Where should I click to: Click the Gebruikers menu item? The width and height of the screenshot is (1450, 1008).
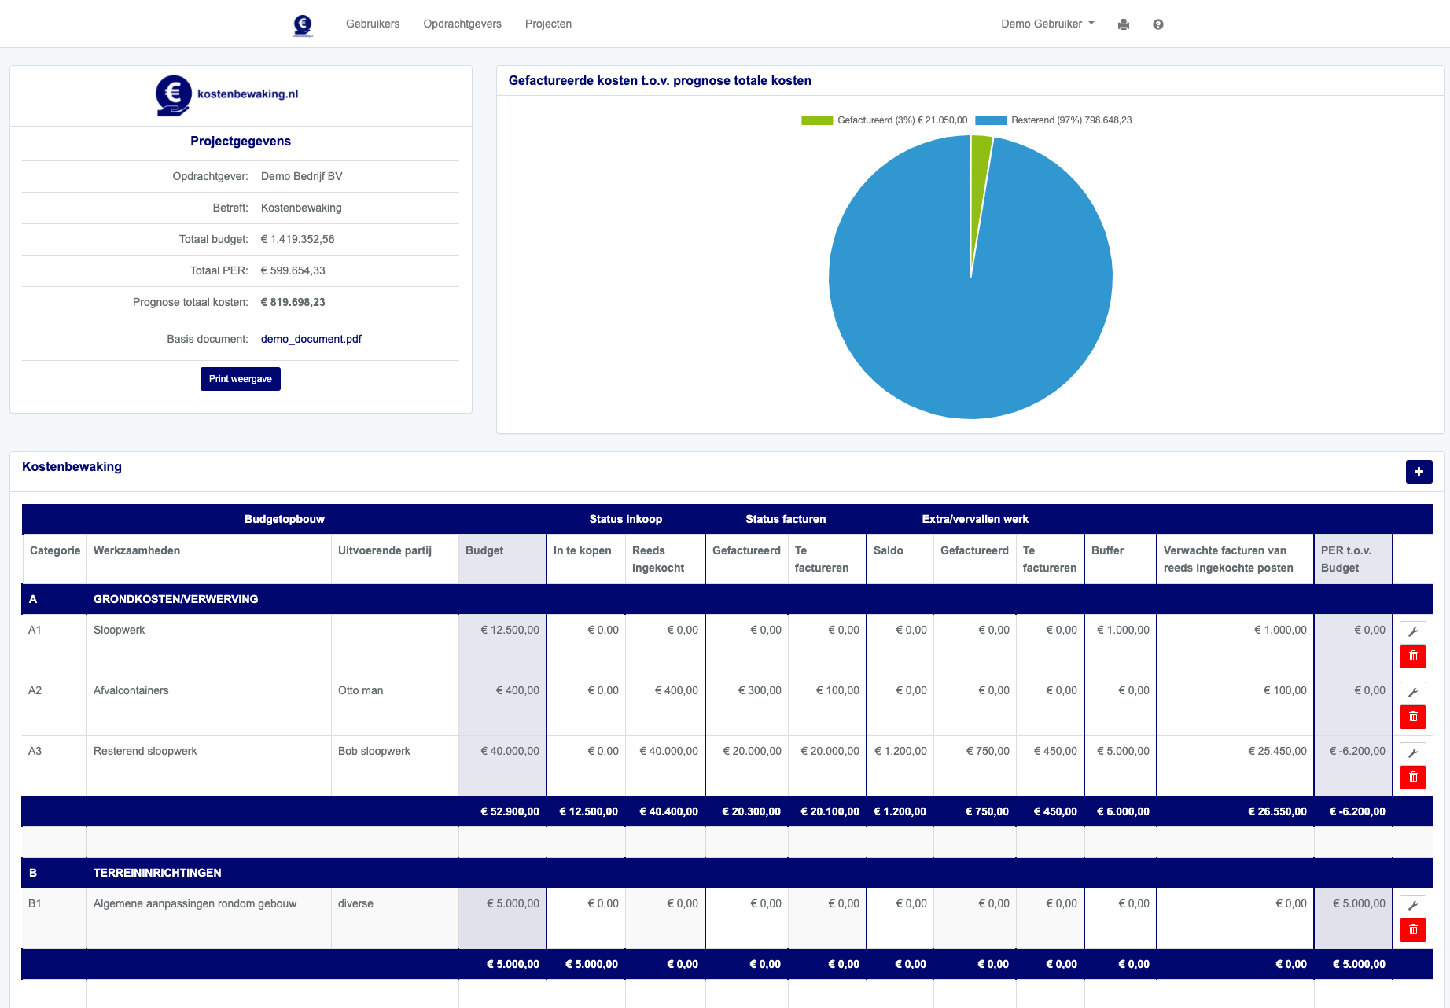373,24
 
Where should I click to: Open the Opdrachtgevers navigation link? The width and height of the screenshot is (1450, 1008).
462,24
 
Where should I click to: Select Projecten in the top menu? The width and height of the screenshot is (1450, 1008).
548,24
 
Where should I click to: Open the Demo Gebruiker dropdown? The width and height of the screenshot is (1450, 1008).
1047,24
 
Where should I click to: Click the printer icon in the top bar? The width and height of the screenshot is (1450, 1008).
1124,24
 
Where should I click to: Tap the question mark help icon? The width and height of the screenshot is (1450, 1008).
1158,24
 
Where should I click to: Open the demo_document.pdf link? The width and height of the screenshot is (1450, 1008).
311,339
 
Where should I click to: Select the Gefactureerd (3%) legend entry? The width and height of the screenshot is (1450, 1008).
885,120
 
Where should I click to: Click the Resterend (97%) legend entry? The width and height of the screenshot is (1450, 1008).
1054,120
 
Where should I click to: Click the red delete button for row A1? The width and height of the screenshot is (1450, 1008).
1413,657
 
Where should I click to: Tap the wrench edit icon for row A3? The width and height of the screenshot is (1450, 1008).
1413,753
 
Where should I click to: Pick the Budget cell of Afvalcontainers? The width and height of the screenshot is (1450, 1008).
502,690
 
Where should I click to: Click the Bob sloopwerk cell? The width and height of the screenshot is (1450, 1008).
374,751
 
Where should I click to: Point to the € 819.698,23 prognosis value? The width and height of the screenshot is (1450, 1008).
293,302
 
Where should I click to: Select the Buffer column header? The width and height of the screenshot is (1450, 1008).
1107,550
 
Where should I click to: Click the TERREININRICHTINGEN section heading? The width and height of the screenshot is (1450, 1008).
157,873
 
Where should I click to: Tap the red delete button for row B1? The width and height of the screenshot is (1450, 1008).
1413,930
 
